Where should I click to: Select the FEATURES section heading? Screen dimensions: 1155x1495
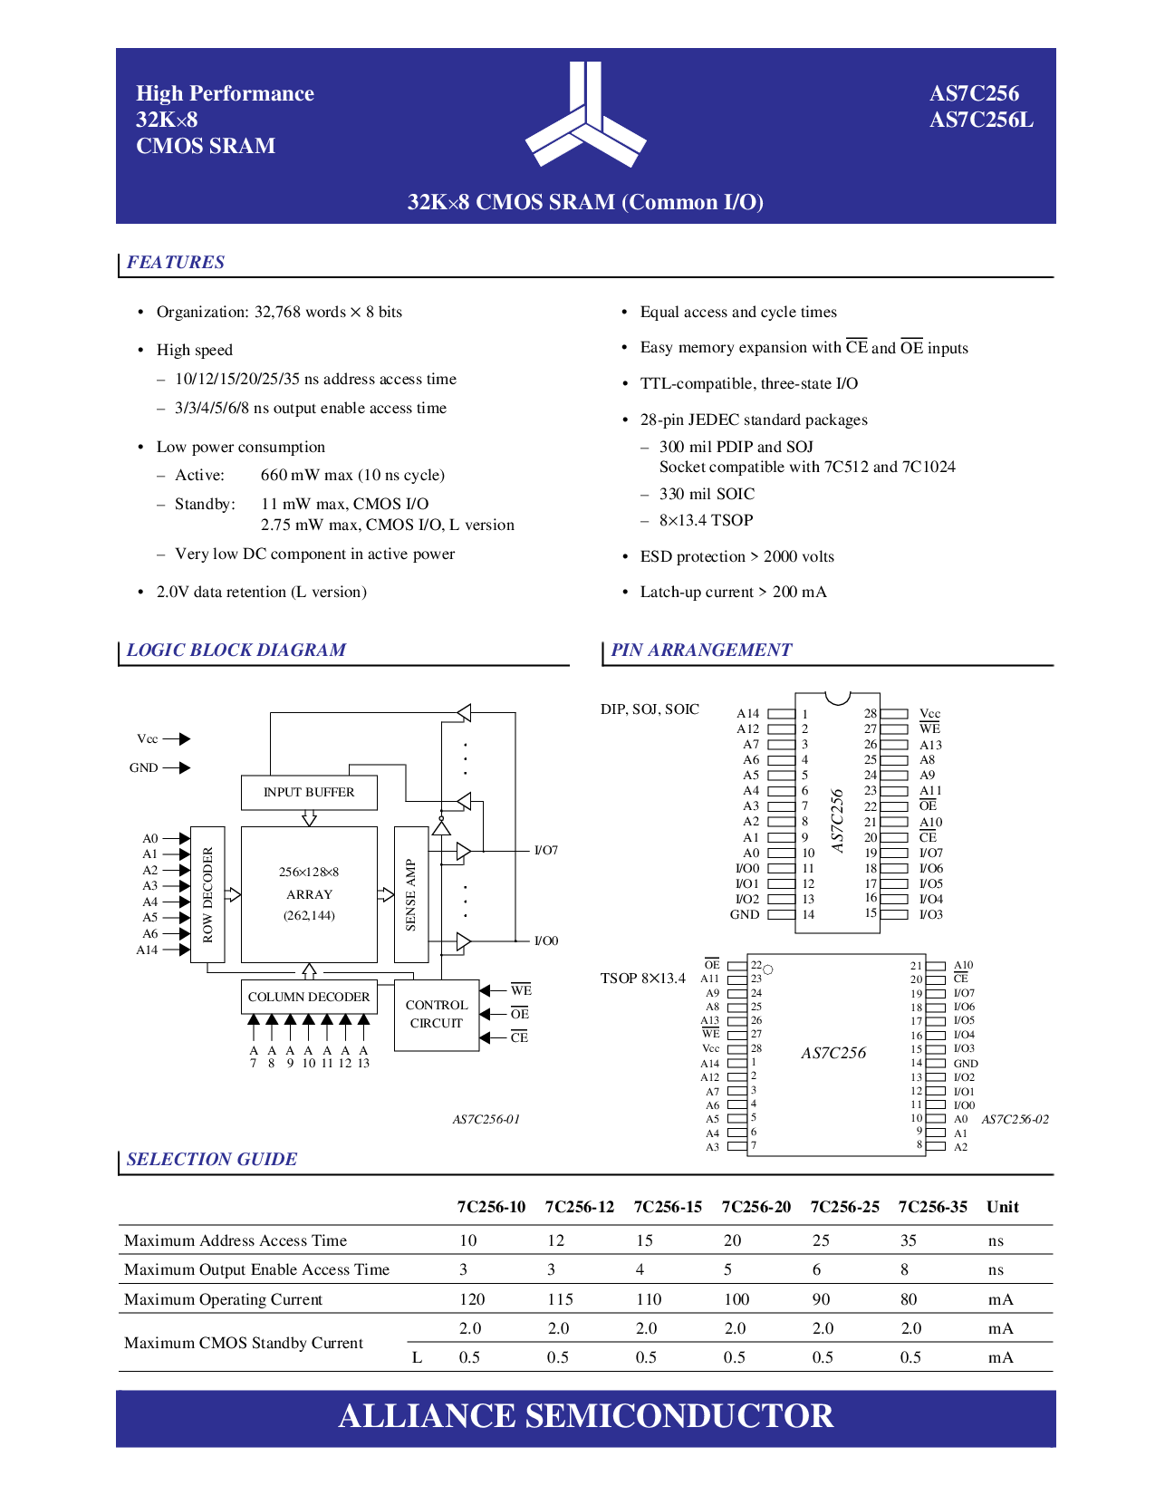176,262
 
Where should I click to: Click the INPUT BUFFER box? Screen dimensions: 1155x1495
309,793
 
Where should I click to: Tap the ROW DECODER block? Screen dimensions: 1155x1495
207,893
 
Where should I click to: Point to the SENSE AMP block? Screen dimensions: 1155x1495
411,893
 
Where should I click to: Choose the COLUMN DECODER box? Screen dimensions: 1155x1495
309,997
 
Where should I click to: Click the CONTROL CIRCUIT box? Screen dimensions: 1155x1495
436,1015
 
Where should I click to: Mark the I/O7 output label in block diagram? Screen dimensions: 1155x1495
546,851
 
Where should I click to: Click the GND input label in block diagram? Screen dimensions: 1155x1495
144,767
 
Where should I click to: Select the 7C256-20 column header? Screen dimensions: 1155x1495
756,1207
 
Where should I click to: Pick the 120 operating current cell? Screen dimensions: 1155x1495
472,1299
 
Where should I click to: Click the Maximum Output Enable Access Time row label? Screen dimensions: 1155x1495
256,1269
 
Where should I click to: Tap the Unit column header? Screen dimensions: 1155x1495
1002,1207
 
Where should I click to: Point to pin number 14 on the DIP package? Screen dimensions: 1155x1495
808,914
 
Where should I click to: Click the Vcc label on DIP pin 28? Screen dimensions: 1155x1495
929,713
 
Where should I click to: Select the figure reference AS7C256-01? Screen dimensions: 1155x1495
486,1119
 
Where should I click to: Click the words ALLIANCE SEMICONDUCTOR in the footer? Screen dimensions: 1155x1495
585,1416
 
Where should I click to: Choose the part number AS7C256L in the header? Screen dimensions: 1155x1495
981,120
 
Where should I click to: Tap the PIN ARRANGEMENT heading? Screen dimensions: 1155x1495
701,651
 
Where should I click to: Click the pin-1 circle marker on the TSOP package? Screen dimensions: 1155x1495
767,969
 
